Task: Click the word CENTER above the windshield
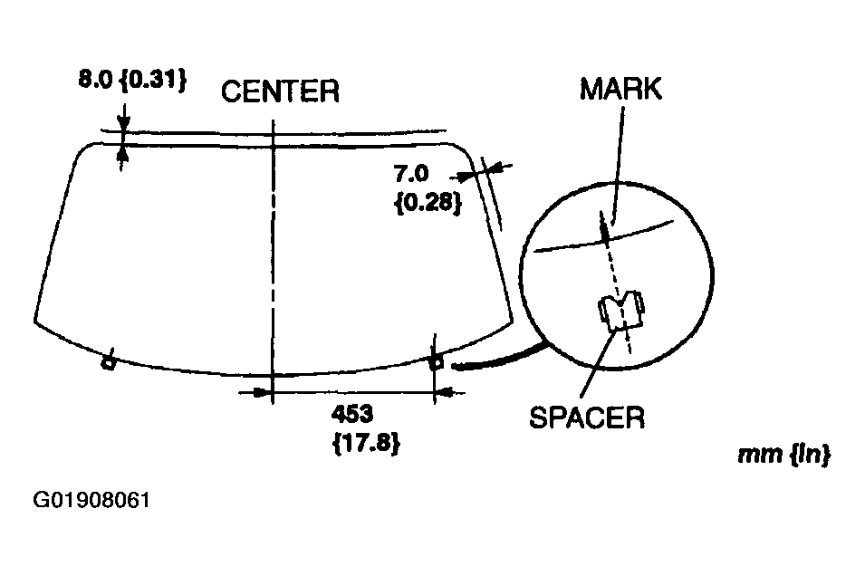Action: pyautogui.click(x=281, y=91)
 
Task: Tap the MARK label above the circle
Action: pyautogui.click(x=621, y=89)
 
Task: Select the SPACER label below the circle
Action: pyautogui.click(x=587, y=418)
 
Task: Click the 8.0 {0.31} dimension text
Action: pyautogui.click(x=131, y=80)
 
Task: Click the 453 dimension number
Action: pyautogui.click(x=353, y=414)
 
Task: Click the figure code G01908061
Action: pyautogui.click(x=91, y=500)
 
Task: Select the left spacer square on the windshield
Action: pyautogui.click(x=108, y=364)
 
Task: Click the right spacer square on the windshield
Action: pyautogui.click(x=435, y=363)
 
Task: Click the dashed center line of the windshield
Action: pyautogui.click(x=272, y=254)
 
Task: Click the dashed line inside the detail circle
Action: pyautogui.click(x=613, y=267)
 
